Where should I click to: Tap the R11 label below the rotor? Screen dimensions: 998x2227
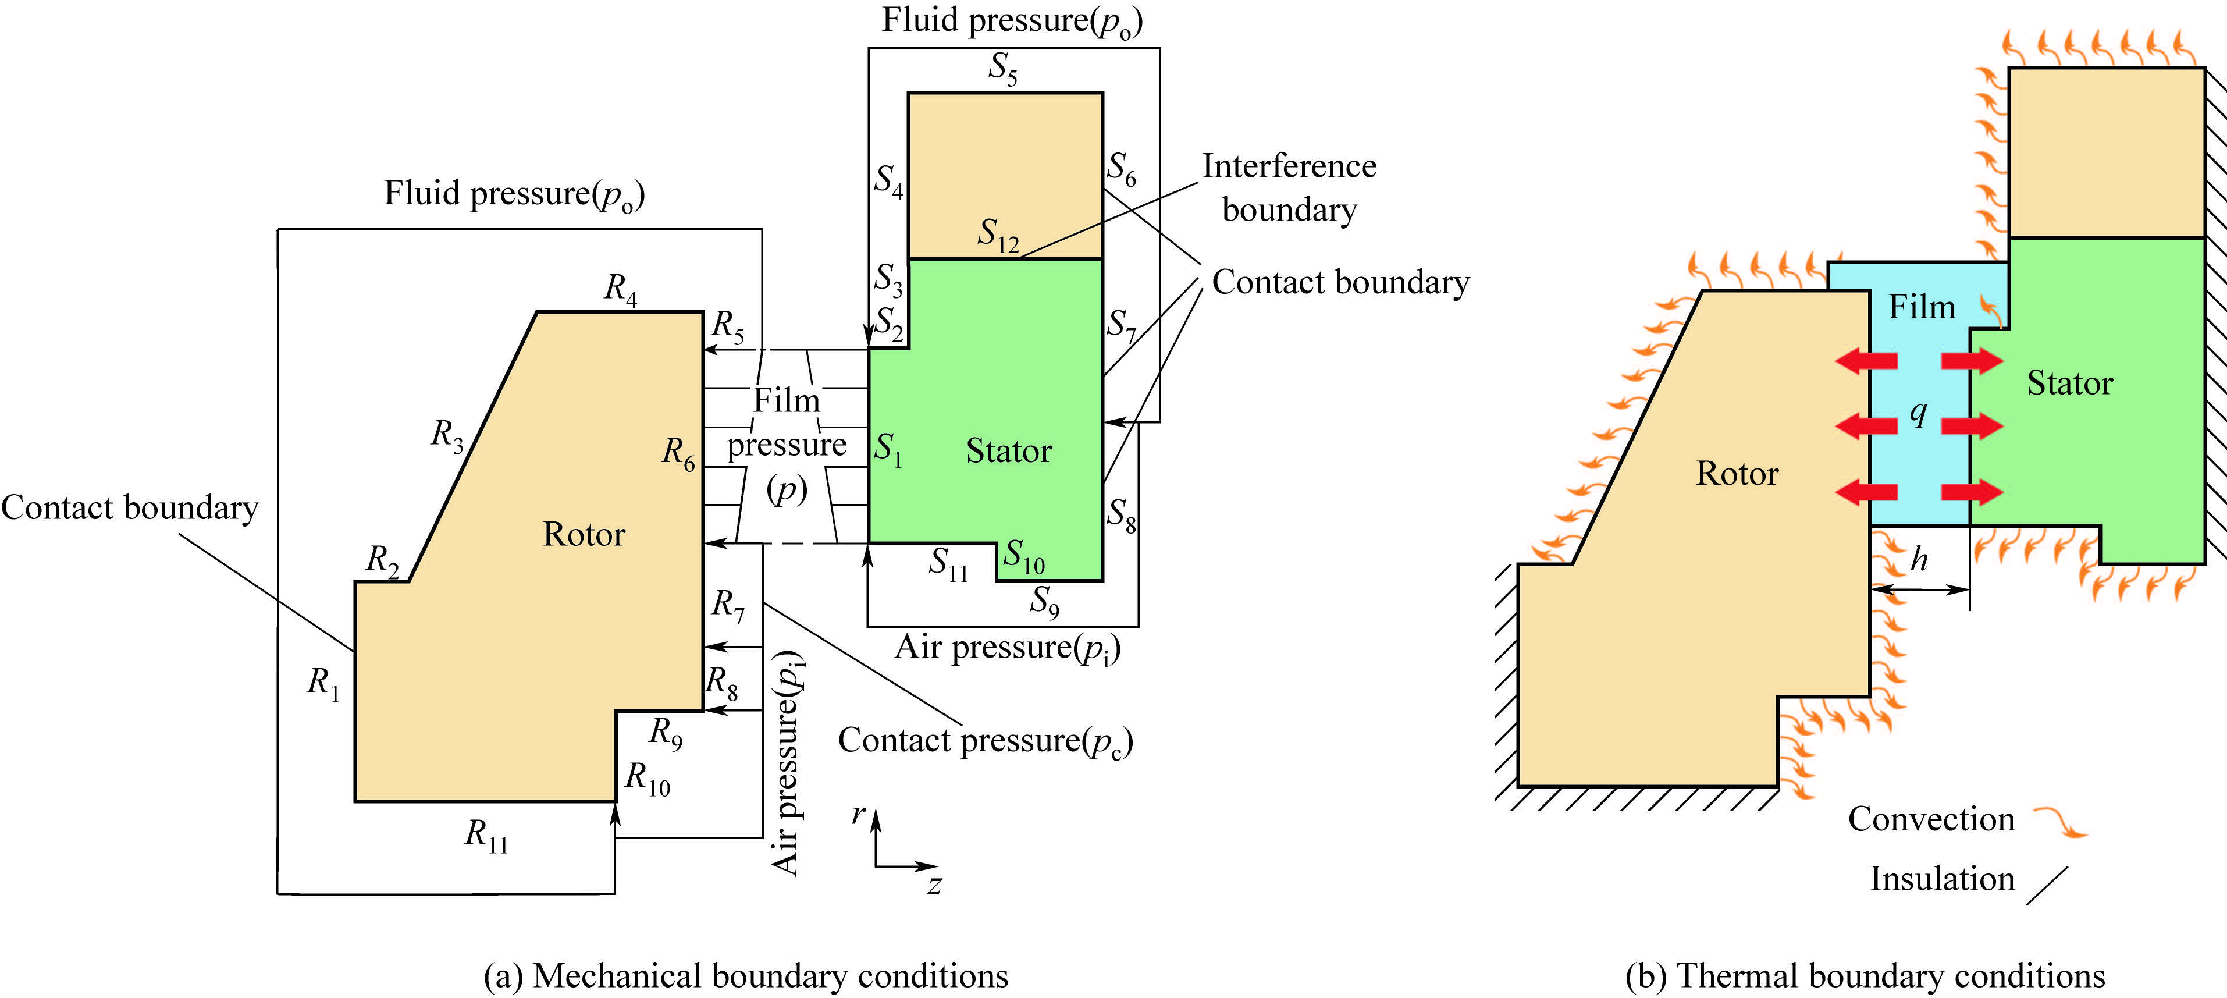point(486,836)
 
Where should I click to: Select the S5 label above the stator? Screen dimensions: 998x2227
point(1003,68)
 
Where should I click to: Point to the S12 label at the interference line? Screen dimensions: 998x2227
point(998,235)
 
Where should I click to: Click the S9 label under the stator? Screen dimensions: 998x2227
point(1044,600)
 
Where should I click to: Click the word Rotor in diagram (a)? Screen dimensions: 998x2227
point(584,534)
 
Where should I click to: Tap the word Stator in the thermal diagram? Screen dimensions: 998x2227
point(2070,383)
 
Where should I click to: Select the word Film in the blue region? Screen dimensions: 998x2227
point(1921,307)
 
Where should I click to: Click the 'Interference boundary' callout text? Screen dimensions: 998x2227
point(1289,187)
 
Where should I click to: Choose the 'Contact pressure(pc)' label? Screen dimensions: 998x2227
point(985,741)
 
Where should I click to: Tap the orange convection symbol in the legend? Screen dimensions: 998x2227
point(2059,822)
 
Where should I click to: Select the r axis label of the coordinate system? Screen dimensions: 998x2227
point(859,814)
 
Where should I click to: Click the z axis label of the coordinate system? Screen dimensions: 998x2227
point(934,885)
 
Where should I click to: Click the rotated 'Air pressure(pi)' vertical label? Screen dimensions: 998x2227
point(786,763)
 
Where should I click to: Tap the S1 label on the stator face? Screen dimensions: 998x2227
point(888,449)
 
